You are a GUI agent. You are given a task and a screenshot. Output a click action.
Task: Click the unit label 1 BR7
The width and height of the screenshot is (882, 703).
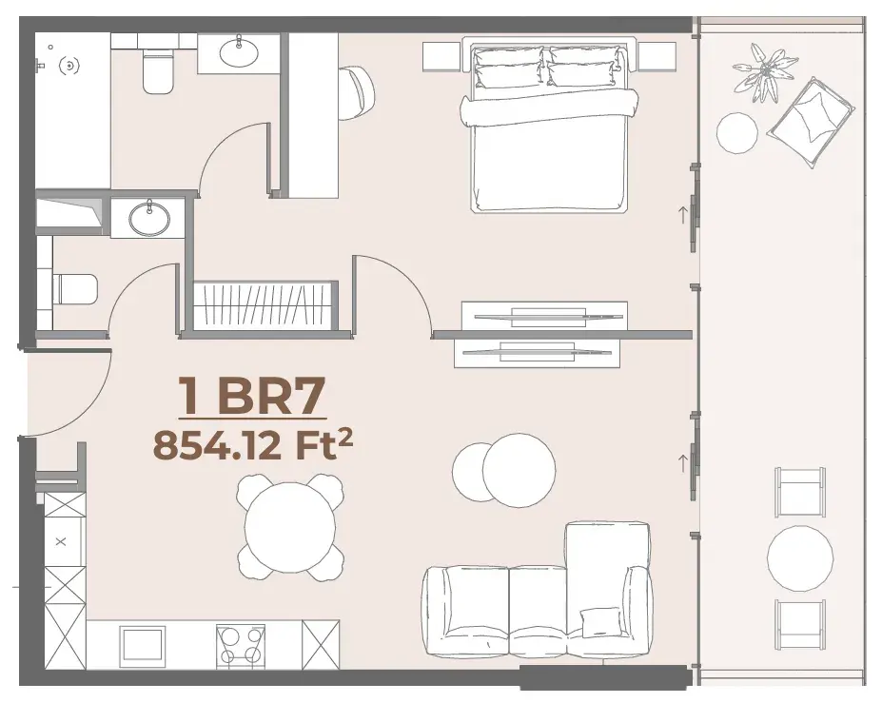pos(252,396)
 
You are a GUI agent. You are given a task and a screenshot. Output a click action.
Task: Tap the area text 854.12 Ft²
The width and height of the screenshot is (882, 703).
pos(253,445)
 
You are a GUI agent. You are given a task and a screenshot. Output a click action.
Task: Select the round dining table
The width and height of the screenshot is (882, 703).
pos(290,527)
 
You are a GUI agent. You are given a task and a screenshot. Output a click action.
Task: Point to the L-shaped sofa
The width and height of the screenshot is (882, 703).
pos(539,591)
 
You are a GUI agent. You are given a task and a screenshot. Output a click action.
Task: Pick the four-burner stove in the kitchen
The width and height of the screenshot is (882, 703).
pos(241,645)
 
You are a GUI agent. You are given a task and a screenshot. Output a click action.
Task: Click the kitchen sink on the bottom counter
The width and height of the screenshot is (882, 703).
pos(143,646)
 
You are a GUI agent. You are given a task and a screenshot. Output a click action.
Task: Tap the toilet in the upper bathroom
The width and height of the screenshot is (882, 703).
pos(158,71)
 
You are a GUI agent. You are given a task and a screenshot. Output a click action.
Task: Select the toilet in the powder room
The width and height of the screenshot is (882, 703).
pos(75,289)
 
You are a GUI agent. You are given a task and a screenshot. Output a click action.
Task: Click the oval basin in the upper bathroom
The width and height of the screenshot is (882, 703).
pos(239,52)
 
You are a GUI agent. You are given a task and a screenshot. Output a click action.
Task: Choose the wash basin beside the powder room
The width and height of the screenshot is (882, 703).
pos(149,218)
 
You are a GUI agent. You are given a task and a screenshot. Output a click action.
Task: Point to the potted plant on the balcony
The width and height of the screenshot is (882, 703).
pos(764,72)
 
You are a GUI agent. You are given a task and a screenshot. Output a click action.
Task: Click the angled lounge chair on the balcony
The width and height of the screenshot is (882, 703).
pos(811,122)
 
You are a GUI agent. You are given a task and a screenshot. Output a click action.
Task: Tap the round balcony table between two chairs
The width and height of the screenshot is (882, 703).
pos(800,557)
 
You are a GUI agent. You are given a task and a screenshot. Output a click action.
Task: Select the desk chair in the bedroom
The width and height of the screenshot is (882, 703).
pos(357,93)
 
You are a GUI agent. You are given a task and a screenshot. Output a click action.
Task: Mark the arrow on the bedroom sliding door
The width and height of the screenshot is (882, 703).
pos(683,214)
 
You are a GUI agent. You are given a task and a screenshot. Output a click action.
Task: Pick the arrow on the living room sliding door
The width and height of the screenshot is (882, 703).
pos(683,463)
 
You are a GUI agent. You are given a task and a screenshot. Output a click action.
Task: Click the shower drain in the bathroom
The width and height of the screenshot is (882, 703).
pos(69,66)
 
